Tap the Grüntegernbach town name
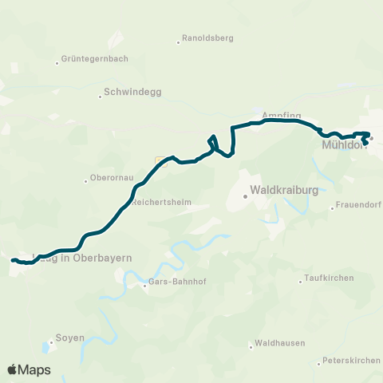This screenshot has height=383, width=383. point(94,59)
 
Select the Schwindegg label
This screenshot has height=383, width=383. point(132,93)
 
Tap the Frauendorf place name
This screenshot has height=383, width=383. point(357,207)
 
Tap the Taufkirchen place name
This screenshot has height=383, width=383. point(326,280)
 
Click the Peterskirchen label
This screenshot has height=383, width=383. point(352,361)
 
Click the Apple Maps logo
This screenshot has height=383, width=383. point(29,369)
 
